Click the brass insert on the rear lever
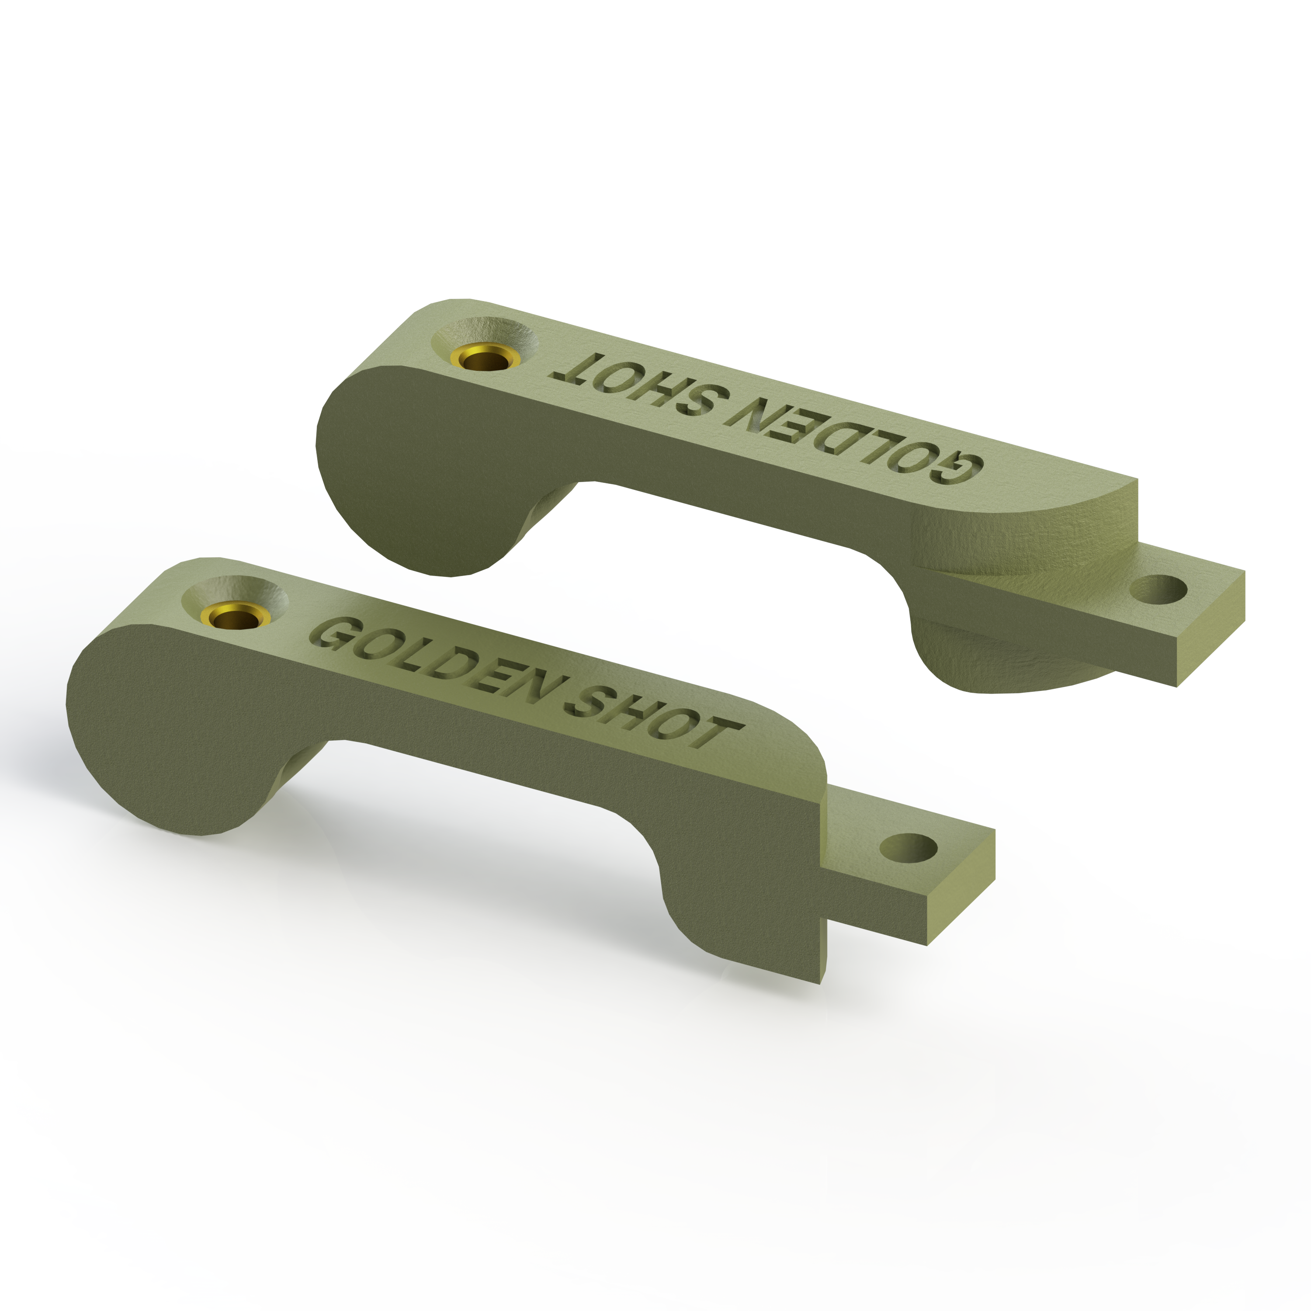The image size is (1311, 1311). tap(485, 359)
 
